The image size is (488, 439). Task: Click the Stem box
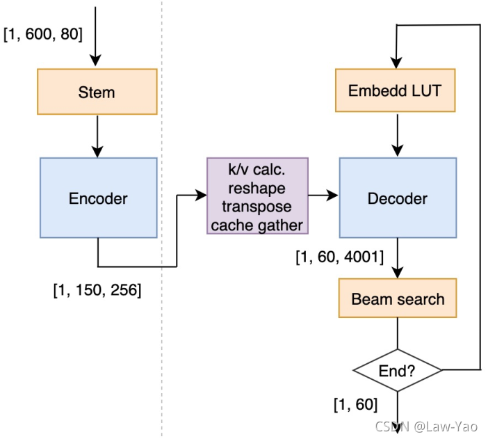97,92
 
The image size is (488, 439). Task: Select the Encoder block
98,198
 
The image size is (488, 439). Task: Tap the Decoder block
398,198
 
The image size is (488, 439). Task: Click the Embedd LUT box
396,90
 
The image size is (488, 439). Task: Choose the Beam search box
398,298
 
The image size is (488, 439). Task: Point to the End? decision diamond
398,370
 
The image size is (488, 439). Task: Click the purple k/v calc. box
257,195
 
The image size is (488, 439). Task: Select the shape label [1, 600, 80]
43,33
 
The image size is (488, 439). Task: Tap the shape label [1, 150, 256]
97,290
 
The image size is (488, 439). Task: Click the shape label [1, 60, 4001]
339,257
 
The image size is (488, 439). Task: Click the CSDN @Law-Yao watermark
426,426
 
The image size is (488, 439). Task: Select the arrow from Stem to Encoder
97,136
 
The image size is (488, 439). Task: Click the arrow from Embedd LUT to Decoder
398,135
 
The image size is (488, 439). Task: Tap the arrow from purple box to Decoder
323,195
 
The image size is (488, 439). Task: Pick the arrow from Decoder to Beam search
398,258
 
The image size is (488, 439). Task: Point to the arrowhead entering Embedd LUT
396,63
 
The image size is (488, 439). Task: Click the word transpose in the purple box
257,207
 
